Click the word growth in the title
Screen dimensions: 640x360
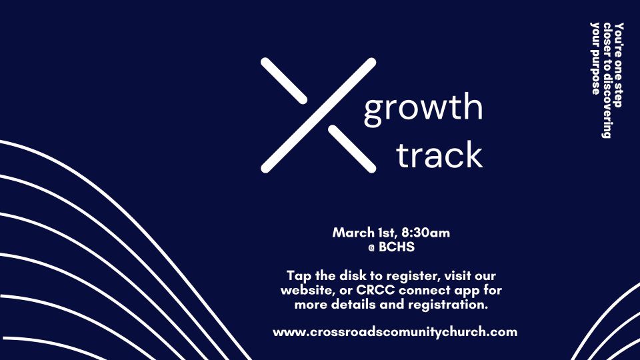click(423, 109)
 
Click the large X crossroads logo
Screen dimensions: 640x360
click(319, 115)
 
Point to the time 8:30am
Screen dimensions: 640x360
click(426, 233)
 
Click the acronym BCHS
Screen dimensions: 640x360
click(397, 247)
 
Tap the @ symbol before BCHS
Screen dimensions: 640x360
click(371, 247)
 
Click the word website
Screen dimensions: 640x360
click(305, 290)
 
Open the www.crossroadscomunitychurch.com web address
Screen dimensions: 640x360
click(395, 332)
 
